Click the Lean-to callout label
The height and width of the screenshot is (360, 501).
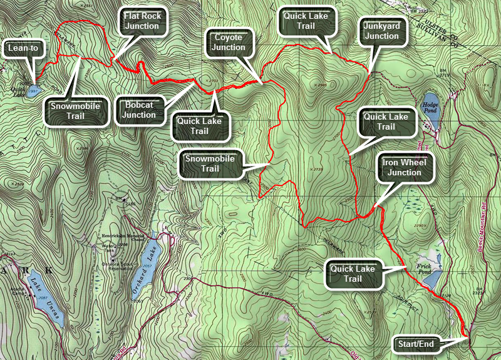(x=21, y=48)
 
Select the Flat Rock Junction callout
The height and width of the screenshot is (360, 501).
(x=142, y=21)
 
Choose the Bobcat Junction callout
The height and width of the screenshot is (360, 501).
(x=140, y=110)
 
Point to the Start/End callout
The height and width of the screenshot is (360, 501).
(x=415, y=343)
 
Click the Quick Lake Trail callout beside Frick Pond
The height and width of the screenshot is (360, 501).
(x=354, y=274)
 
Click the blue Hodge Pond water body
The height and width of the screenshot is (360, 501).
(x=431, y=111)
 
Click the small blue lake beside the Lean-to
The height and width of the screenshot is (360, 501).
(x=33, y=88)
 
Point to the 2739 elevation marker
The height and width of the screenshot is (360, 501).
(x=318, y=170)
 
